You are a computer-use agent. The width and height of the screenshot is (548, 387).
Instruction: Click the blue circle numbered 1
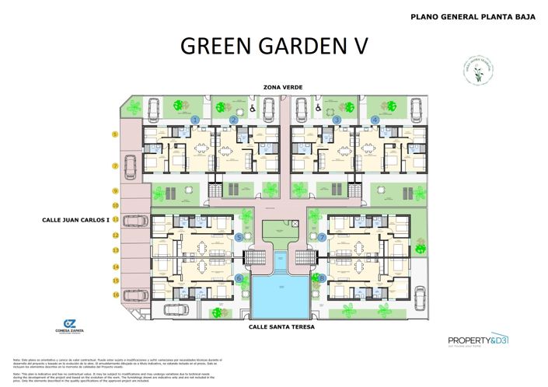click(195, 119)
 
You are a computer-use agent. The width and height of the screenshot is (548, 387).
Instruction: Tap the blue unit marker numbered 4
click(375, 119)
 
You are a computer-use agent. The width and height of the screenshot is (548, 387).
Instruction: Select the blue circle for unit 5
click(239, 237)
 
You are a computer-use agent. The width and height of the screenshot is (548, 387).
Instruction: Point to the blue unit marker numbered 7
click(322, 237)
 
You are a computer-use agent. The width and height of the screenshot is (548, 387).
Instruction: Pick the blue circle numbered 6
click(239, 277)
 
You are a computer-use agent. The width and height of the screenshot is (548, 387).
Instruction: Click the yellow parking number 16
click(115, 295)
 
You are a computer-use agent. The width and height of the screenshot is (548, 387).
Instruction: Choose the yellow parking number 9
click(115, 190)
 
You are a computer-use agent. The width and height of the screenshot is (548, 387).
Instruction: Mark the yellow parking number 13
click(115, 250)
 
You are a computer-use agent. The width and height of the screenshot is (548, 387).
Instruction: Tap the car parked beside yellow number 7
click(131, 165)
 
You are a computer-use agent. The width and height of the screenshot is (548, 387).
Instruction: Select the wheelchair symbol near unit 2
click(253, 110)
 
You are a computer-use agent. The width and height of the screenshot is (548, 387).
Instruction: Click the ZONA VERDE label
click(282, 87)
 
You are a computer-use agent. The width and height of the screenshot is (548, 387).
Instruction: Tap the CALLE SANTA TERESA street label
click(281, 327)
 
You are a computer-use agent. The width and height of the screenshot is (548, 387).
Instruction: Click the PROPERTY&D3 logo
click(478, 340)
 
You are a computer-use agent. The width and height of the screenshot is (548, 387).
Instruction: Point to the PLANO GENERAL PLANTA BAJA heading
click(472, 16)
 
